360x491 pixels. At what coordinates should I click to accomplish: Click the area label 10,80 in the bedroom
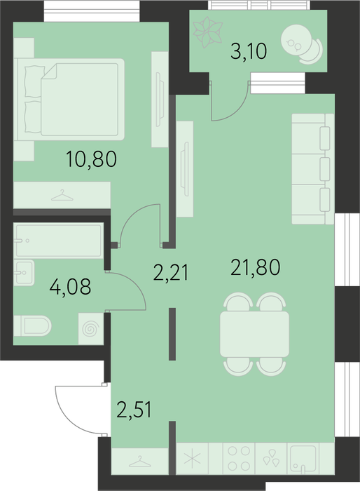point(91,159)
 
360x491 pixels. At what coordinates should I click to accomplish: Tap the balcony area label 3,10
point(249,51)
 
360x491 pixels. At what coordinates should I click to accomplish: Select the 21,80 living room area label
point(255,268)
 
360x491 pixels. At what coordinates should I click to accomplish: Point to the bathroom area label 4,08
point(70,286)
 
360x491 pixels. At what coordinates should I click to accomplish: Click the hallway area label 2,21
point(171,272)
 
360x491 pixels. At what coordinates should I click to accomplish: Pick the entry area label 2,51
point(134,410)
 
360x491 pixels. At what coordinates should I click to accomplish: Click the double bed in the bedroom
point(71,99)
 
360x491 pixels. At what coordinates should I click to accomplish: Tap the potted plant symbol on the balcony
point(207,32)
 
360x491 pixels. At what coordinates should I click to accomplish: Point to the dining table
point(255,334)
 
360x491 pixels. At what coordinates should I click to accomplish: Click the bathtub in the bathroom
point(59,241)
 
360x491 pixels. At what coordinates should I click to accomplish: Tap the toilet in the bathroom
point(32,325)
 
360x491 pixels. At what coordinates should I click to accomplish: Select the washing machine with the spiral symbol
point(91,329)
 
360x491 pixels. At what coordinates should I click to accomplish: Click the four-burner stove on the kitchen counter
point(239,459)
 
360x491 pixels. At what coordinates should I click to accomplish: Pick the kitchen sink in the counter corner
point(303,459)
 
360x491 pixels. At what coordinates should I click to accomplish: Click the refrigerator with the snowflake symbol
point(192,459)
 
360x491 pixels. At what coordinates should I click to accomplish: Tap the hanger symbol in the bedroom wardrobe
point(62,195)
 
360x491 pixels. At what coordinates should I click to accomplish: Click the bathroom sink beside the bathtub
point(24,272)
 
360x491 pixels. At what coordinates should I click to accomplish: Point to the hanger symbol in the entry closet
point(140,462)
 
